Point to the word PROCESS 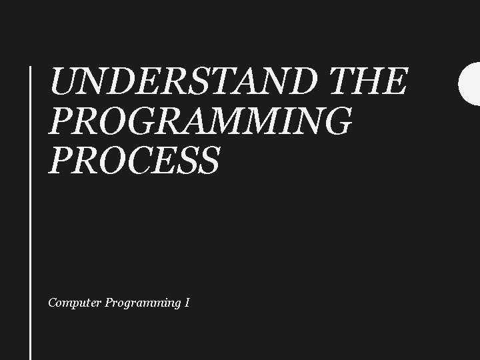[133, 161]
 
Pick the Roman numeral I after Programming [188, 303]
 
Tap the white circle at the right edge [471, 83]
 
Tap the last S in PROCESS [208, 161]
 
